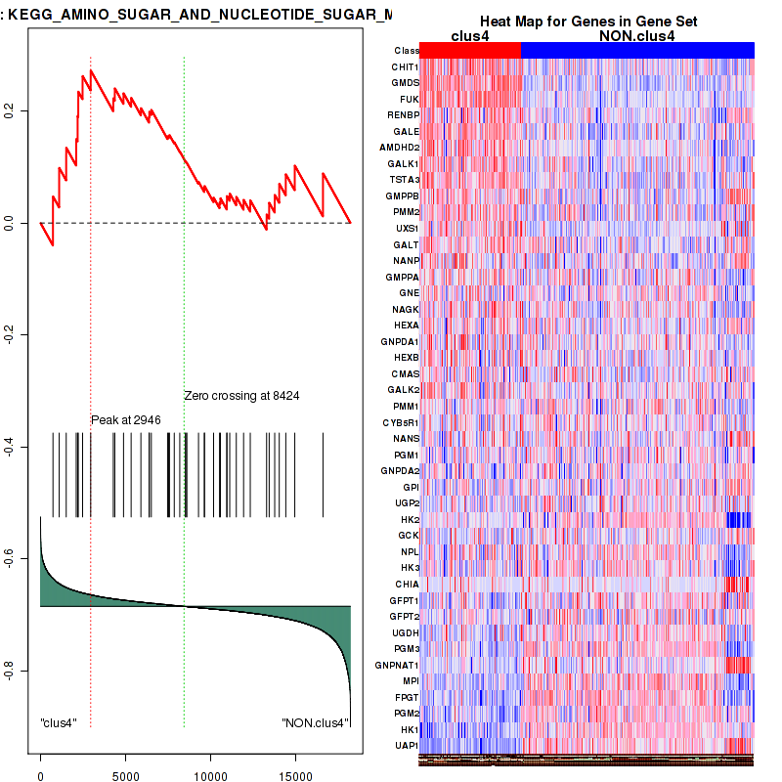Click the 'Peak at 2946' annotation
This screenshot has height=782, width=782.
[x=126, y=420]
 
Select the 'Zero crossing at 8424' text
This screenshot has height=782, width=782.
[x=241, y=396]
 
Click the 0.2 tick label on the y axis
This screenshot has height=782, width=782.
[x=9, y=112]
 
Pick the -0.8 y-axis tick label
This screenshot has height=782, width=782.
[x=9, y=671]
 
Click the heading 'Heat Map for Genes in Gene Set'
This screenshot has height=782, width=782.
[x=586, y=22]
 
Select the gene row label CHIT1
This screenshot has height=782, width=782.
[x=405, y=66]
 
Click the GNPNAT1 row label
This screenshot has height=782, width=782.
[x=399, y=665]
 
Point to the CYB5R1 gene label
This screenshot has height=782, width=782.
[x=401, y=422]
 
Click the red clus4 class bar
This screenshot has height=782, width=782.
[x=470, y=50]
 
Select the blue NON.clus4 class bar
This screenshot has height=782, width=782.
[x=637, y=50]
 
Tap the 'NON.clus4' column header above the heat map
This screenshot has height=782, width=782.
[x=636, y=35]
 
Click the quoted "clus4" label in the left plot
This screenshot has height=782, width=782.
[x=59, y=723]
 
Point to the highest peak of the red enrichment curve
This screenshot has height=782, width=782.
[x=91, y=70]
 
